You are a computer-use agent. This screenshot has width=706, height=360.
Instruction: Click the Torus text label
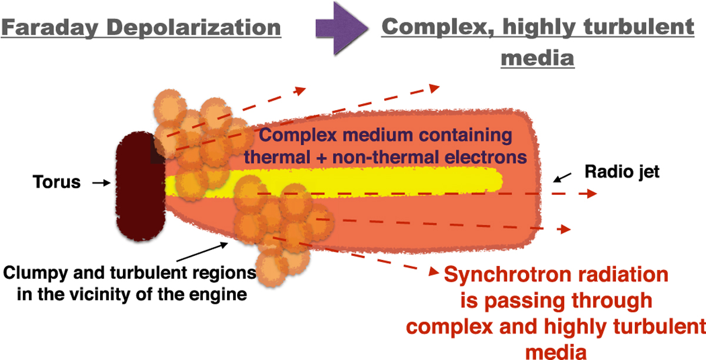pyautogui.click(x=57, y=182)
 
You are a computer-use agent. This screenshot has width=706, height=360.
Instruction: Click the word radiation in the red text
pyautogui.click(x=620, y=275)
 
